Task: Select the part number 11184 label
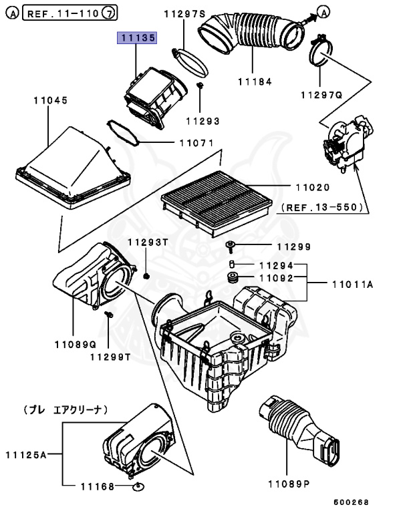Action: click(255, 81)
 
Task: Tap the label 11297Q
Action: click(321, 95)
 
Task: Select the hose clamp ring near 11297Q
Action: click(320, 51)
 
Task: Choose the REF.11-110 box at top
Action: click(72, 12)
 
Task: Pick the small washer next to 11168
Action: click(139, 486)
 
